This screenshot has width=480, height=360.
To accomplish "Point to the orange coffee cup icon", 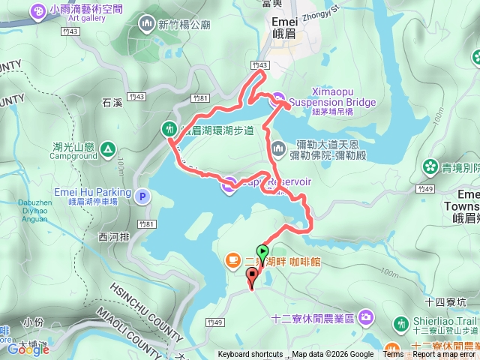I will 232,260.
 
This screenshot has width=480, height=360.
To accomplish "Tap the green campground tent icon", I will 108,148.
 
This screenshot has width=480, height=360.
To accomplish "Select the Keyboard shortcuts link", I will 250,355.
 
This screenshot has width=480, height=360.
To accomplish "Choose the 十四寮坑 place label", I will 445,301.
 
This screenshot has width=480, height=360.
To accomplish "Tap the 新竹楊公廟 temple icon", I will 145,24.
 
